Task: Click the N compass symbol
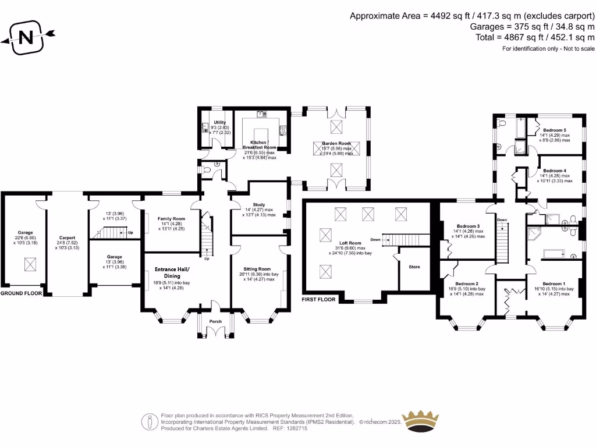(x=26, y=38)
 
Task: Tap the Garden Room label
(x=336, y=143)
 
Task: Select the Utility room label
(x=219, y=122)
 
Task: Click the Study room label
(x=259, y=205)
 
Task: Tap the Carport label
(x=68, y=237)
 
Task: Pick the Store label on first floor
(x=414, y=267)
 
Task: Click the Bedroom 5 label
(x=554, y=130)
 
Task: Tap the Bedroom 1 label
(x=554, y=283)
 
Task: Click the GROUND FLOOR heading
(x=21, y=294)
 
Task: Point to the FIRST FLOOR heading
(x=319, y=300)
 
